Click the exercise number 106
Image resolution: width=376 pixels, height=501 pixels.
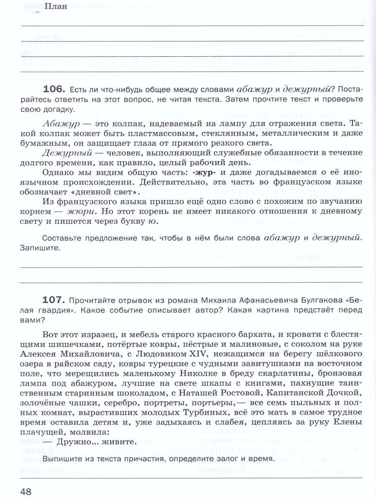(54, 89)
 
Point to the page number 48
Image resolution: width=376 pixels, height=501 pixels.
(26, 491)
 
